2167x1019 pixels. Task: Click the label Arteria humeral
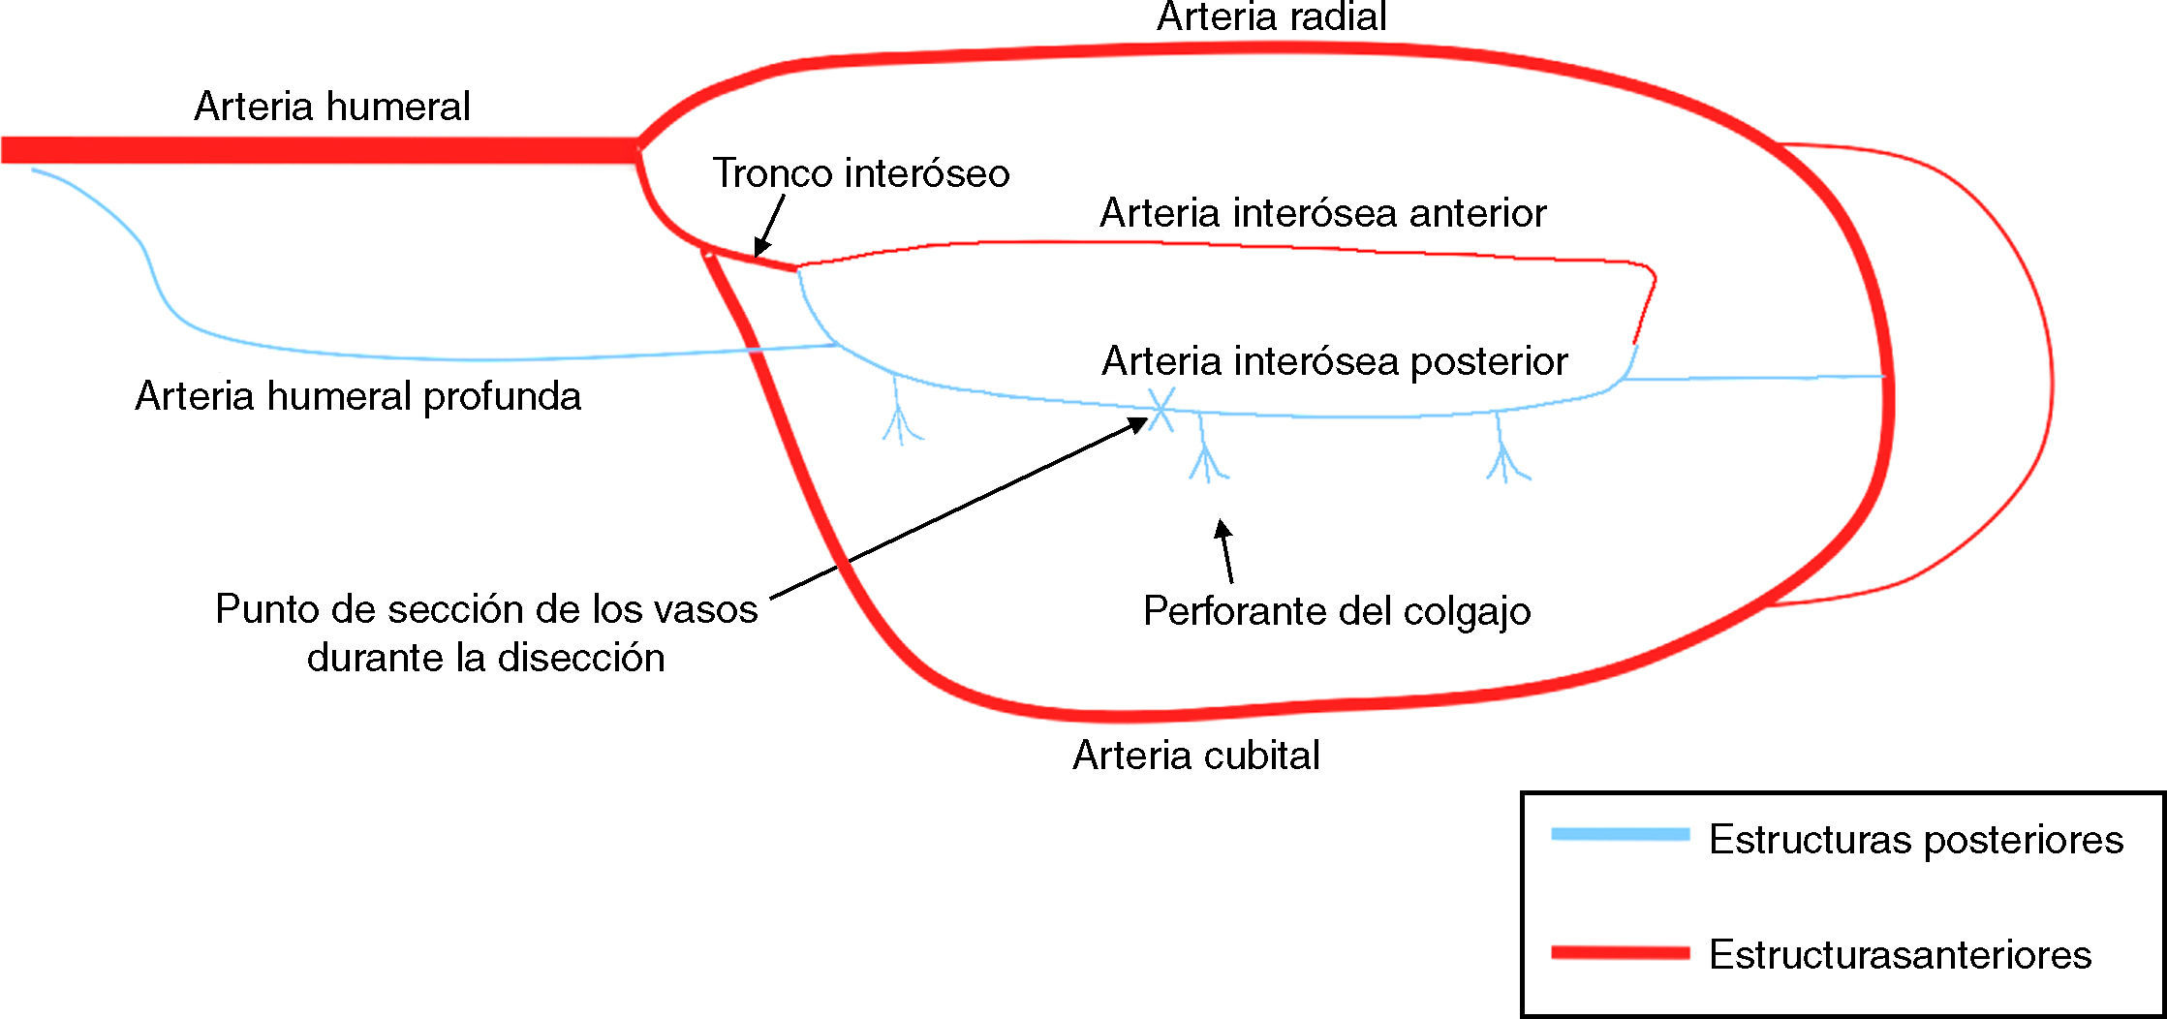332,106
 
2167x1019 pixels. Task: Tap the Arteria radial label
1271,17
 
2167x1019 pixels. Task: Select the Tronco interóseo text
861,173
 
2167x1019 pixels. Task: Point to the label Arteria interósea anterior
1322,213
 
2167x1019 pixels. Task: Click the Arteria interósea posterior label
1334,361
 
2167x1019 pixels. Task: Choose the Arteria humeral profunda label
357,396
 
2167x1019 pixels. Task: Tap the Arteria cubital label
1195,756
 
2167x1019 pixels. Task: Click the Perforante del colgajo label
1336,611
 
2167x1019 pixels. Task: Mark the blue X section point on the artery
1161,409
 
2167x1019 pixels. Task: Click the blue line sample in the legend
1620,834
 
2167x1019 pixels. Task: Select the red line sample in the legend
1620,953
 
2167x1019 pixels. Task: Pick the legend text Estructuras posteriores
1915,839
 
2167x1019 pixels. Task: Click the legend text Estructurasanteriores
1899,955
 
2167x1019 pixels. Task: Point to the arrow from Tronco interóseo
769,226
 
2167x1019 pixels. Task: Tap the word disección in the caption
581,659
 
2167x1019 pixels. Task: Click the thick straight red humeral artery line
320,150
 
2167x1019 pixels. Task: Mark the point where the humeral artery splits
637,149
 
